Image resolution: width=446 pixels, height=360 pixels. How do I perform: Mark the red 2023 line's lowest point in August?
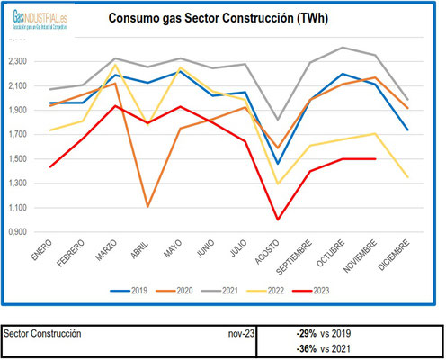(278, 219)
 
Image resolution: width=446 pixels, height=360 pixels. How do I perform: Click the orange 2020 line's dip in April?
(147, 206)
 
